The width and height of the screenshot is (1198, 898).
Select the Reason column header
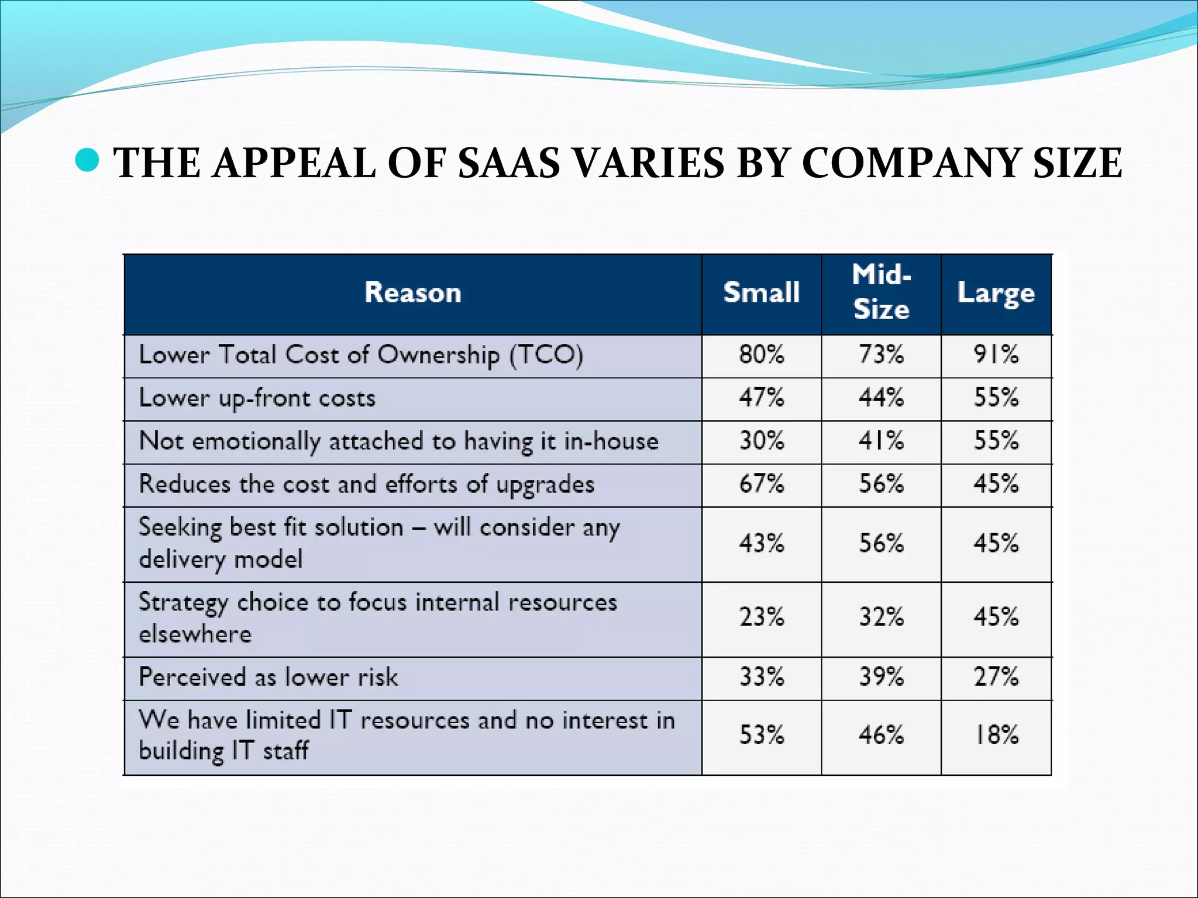pyautogui.click(x=412, y=293)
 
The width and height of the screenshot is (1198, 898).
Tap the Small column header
pyautogui.click(x=761, y=293)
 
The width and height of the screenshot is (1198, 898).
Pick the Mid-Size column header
pyautogui.click(x=881, y=292)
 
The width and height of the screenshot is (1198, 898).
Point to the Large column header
pyautogui.click(x=996, y=293)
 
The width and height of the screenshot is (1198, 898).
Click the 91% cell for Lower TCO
pyautogui.click(x=996, y=355)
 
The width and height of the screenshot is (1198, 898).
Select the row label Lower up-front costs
pyautogui.click(x=257, y=398)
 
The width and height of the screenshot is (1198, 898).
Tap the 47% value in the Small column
pyautogui.click(x=761, y=398)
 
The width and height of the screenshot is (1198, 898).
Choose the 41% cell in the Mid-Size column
pyautogui.click(x=881, y=441)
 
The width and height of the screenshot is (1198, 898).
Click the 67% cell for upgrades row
pyautogui.click(x=761, y=484)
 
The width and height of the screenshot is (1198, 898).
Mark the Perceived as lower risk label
pyautogui.click(x=268, y=677)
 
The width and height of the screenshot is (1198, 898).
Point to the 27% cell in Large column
pyautogui.click(x=996, y=677)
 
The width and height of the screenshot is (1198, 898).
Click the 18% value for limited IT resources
pyautogui.click(x=996, y=735)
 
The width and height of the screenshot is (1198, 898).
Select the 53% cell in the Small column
pyautogui.click(x=761, y=735)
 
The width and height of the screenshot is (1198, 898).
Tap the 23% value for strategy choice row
pyautogui.click(x=761, y=617)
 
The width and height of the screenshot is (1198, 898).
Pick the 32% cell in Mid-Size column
pyautogui.click(x=881, y=617)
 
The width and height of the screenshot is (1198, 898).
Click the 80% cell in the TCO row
pyautogui.click(x=761, y=355)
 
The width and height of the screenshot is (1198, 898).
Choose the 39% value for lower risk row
pyautogui.click(x=881, y=677)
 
